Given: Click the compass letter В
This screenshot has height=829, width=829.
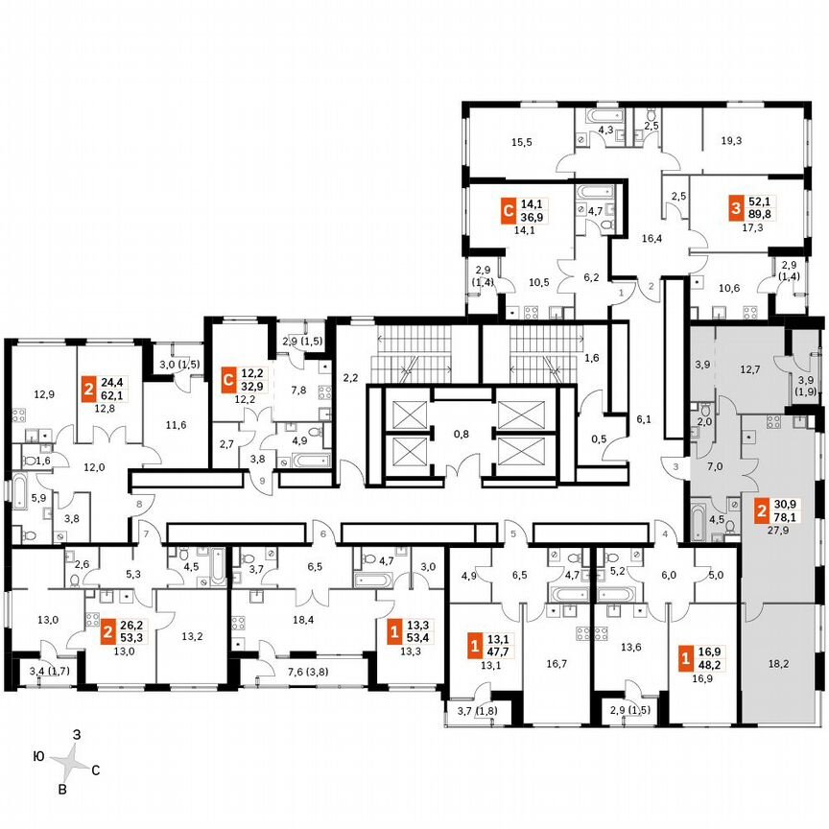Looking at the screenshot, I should point(63,789).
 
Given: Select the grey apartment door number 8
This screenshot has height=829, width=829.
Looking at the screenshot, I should point(138,502).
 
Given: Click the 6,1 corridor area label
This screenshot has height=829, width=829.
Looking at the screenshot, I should point(644,419).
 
